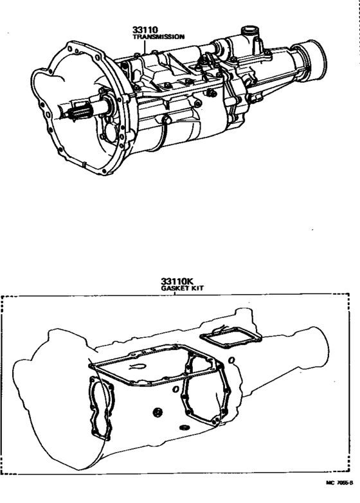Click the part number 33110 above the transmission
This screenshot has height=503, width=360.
(145, 30)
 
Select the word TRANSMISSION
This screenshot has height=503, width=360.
(157, 37)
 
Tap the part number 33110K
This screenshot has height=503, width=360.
(177, 281)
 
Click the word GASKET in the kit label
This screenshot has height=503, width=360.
(171, 289)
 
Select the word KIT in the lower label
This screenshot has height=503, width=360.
(191, 289)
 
